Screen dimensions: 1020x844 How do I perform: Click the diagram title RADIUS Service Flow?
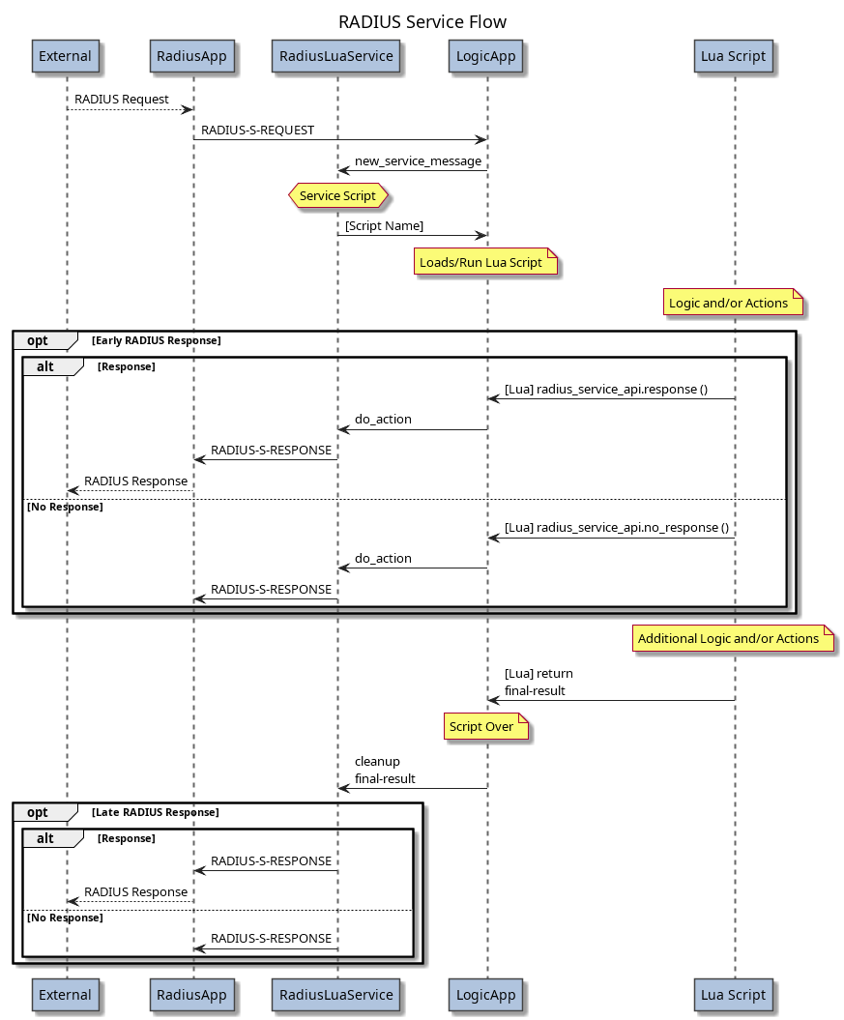pyautogui.click(x=422, y=21)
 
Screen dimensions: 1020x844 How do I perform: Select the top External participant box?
pyautogui.click(x=66, y=56)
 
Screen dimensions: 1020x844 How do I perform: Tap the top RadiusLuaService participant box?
pyautogui.click(x=336, y=56)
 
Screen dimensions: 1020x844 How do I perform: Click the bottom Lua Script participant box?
pyautogui.click(x=733, y=994)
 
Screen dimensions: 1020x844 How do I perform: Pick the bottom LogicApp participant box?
pyautogui.click(x=486, y=994)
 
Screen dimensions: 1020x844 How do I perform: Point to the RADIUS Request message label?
pyautogui.click(x=122, y=99)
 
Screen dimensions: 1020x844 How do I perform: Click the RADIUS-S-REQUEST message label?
pyautogui.click(x=257, y=130)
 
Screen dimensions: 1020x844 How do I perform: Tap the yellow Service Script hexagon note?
pyautogui.click(x=337, y=195)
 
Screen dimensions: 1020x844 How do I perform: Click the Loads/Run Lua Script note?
pyautogui.click(x=486, y=262)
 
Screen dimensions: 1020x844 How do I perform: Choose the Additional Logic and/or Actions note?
pyautogui.click(x=734, y=638)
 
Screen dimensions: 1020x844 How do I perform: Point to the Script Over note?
pyautogui.click(x=486, y=727)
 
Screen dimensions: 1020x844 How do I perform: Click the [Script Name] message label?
pyautogui.click(x=384, y=225)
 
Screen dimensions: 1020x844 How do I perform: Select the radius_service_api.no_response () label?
pyautogui.click(x=616, y=527)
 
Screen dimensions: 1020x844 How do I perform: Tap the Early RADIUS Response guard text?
pyautogui.click(x=157, y=340)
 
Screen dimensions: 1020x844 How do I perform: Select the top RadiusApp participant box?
pyautogui.click(x=192, y=56)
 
